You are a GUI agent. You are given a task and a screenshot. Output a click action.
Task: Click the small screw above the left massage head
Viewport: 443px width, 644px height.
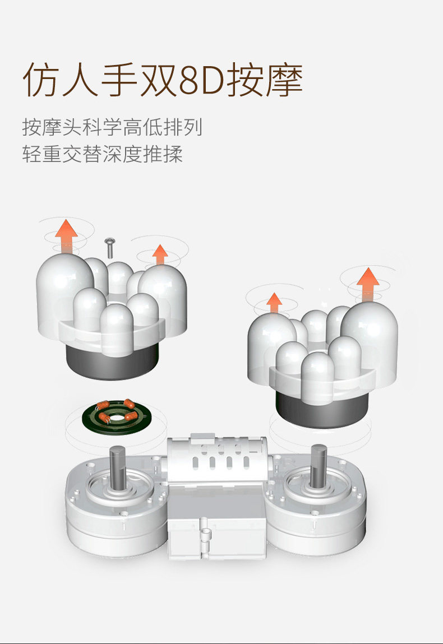coord(110,247)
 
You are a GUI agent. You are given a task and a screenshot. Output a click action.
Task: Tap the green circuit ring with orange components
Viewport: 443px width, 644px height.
coord(116,417)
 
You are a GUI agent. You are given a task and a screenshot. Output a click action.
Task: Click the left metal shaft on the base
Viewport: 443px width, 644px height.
coord(117,467)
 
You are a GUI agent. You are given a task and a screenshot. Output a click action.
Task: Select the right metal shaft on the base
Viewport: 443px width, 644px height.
coord(319,466)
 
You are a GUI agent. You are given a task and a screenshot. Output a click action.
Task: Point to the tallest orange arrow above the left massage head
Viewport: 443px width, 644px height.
coord(67,236)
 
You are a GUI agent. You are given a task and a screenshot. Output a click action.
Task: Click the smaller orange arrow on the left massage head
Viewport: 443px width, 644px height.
coord(160,255)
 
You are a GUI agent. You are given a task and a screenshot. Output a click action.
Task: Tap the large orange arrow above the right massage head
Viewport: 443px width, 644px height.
coord(368,284)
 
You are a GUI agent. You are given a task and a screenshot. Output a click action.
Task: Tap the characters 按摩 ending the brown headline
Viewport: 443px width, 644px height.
coord(265,80)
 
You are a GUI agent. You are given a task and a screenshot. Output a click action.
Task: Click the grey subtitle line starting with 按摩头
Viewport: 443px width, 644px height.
coord(112,127)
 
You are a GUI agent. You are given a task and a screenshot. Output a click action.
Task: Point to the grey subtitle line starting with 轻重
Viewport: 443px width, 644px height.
coord(102,154)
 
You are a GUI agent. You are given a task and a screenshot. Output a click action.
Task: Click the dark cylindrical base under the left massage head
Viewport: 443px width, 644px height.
coord(111,362)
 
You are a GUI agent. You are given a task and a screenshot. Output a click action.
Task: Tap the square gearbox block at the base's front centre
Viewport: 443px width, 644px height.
coord(216,520)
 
